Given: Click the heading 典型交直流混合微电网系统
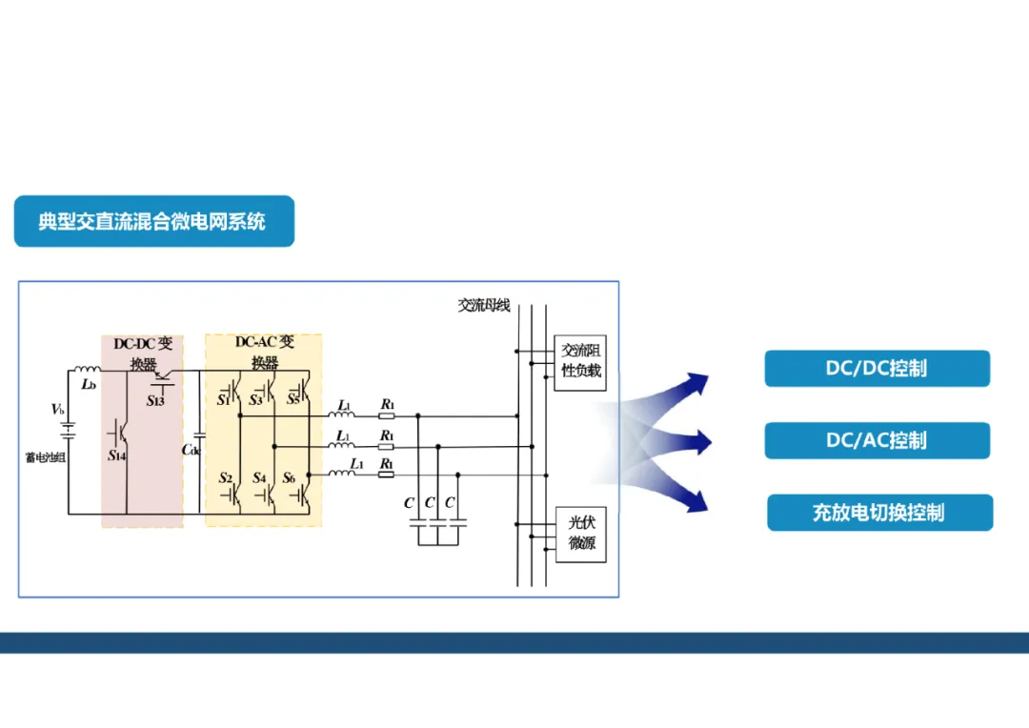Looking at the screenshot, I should click(152, 222).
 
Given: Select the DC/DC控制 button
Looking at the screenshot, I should click(877, 369).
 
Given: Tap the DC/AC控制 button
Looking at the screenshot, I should click(877, 440).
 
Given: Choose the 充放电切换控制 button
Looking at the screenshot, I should click(878, 513).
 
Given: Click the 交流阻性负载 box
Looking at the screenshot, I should click(580, 361).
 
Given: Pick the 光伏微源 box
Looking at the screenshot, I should click(581, 534).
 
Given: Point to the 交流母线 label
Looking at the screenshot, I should click(483, 306).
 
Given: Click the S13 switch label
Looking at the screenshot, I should click(155, 401).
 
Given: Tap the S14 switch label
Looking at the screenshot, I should click(116, 455).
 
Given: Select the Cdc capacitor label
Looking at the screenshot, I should click(192, 450).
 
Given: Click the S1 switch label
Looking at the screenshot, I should click(224, 400).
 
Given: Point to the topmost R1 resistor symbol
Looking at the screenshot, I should click(387, 416).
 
